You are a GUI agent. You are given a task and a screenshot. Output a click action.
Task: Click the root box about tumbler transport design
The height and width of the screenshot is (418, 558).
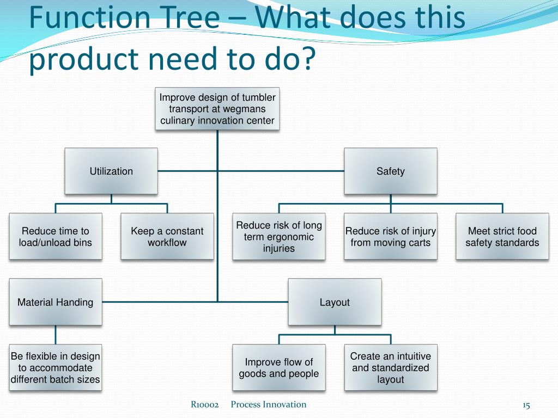click(217, 109)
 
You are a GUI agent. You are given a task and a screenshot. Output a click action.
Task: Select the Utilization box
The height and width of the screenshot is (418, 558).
click(111, 171)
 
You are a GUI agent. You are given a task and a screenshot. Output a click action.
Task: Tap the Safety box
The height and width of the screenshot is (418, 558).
click(390, 171)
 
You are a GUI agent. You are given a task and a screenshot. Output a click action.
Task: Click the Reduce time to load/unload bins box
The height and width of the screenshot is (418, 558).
click(56, 236)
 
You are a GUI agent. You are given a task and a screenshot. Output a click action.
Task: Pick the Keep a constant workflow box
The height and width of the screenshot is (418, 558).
click(167, 236)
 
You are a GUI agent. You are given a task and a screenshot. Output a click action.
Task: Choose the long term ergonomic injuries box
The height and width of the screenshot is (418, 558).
click(279, 236)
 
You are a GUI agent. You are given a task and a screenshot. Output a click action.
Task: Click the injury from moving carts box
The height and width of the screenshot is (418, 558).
click(390, 236)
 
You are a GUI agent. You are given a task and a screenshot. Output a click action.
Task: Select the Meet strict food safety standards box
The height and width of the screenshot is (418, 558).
click(502, 236)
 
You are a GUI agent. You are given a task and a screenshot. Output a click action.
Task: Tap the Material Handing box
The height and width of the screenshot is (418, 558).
click(56, 302)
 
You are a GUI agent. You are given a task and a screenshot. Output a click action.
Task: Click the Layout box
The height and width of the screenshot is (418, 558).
click(335, 302)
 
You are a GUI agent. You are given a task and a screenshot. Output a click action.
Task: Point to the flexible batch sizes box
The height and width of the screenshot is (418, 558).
click(56, 367)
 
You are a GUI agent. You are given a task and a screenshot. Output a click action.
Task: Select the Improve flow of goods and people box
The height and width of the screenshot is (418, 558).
click(279, 367)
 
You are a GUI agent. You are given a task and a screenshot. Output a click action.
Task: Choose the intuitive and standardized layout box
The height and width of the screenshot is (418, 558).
click(390, 367)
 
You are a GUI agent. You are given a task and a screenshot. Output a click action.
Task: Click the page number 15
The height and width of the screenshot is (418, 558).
click(526, 405)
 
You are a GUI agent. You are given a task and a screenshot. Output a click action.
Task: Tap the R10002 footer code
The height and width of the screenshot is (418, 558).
click(205, 404)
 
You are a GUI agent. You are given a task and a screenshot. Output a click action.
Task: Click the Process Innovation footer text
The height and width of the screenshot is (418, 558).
click(268, 404)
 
